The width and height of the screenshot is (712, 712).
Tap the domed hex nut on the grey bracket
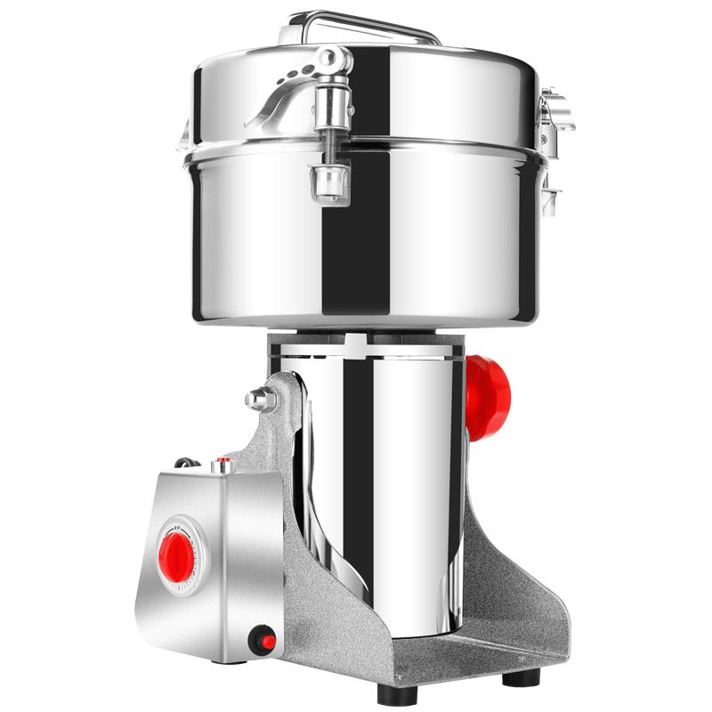pos(261,399)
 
